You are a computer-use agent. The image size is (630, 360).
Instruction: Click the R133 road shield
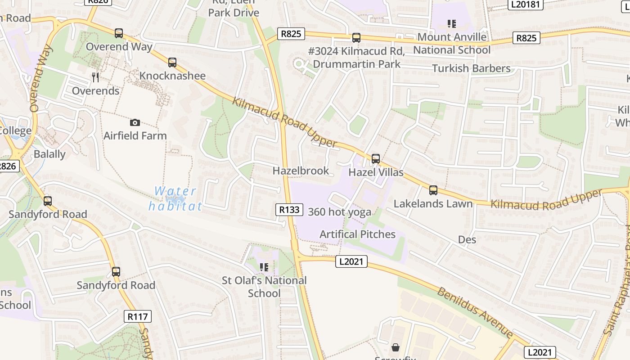[289, 210]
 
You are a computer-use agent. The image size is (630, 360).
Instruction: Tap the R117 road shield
[138, 316]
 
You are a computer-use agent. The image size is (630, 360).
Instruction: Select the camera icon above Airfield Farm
[135, 122]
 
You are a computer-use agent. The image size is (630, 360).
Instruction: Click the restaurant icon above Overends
[95, 77]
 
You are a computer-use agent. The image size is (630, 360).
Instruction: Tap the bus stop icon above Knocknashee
[172, 63]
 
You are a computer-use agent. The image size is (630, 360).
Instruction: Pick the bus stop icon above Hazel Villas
[375, 158]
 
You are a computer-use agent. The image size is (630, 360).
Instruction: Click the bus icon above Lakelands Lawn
[433, 190]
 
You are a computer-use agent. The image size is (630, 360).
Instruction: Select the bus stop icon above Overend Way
[119, 33]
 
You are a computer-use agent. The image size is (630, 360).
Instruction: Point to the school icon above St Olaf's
[264, 267]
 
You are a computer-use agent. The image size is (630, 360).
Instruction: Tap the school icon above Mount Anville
[451, 23]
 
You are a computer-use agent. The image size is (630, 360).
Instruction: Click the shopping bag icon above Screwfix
[395, 347]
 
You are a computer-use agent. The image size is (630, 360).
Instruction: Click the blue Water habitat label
[175, 198]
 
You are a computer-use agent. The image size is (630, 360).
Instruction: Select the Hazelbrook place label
[301, 171]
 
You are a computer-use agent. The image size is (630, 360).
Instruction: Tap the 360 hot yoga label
[340, 212]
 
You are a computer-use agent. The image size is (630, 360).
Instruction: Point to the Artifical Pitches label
[357, 234]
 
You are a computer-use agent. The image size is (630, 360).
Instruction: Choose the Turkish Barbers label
[471, 68]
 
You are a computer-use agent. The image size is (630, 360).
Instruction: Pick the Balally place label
[49, 154]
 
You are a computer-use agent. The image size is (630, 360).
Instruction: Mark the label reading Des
[467, 239]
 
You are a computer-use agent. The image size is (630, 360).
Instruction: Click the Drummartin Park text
[356, 64]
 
